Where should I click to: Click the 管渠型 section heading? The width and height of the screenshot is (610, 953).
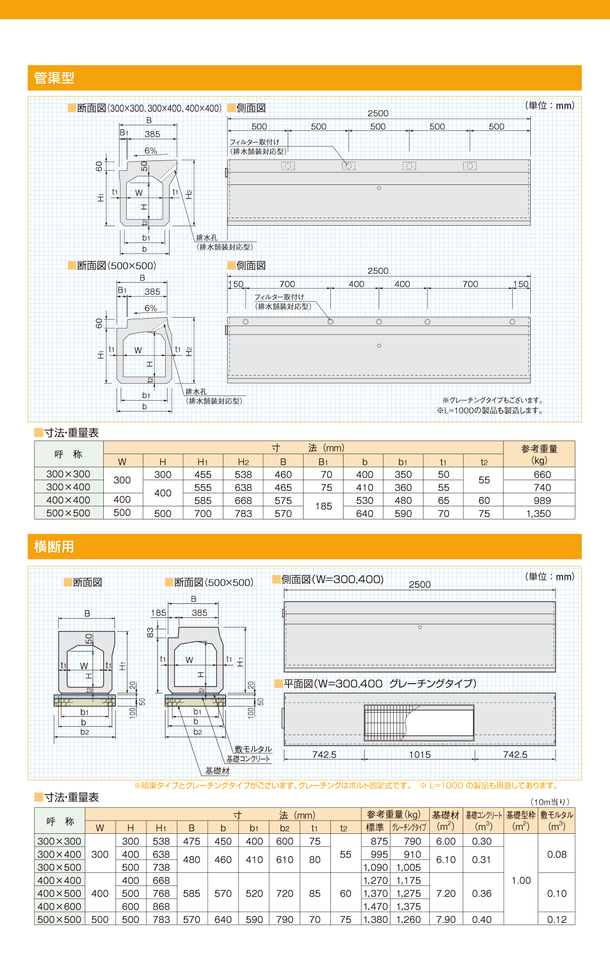[54, 78]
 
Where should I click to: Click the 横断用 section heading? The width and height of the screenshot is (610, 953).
[54, 547]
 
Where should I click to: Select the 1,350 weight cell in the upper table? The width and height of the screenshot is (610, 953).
[539, 513]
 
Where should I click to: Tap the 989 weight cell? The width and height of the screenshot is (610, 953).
[542, 500]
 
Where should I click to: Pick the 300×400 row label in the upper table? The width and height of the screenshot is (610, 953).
[69, 487]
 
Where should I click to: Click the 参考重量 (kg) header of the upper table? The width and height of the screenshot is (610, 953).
[539, 454]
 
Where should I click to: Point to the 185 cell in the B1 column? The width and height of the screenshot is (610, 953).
[323, 506]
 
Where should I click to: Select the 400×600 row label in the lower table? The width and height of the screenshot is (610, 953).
[60, 907]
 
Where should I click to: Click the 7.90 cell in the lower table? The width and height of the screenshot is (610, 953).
[446, 920]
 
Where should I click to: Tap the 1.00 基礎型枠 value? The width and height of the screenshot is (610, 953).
[521, 880]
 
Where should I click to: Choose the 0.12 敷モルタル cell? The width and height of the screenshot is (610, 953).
[557, 920]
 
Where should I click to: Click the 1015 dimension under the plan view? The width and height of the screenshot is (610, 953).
[419, 755]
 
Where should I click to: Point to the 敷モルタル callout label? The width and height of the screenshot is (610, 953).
[253, 749]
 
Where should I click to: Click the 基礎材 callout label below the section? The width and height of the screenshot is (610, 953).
[217, 770]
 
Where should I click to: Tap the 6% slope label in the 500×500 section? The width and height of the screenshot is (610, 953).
[151, 308]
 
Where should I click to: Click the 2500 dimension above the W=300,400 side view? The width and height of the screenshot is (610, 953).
[419, 585]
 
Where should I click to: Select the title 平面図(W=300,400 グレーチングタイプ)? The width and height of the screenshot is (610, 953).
[380, 684]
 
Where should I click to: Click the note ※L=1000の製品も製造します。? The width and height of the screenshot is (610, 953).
[490, 411]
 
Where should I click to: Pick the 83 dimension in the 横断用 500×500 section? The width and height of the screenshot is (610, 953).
[150, 632]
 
